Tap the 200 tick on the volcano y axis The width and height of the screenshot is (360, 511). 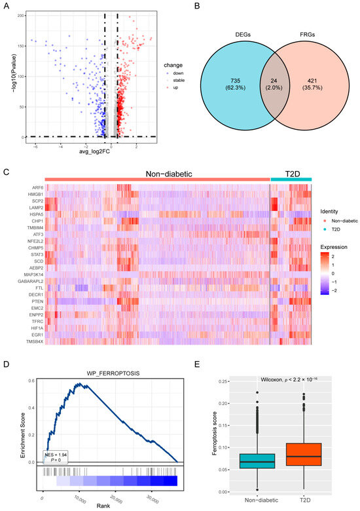pyautogui.click(x=21, y=14)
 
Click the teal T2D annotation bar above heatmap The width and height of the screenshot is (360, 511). pyautogui.click(x=291, y=179)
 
